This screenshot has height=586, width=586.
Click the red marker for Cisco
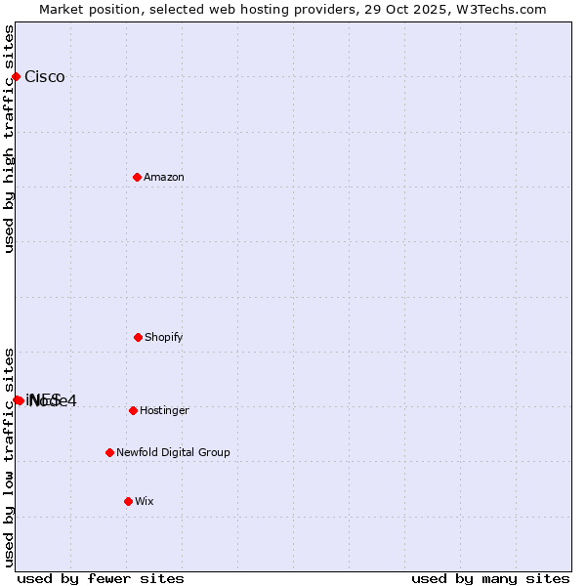[x=16, y=76]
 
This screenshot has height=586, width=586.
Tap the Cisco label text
[x=45, y=77]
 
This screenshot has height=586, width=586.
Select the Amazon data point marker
[x=137, y=177]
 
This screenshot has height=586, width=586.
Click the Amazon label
[x=164, y=178]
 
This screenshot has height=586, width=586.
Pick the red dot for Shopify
[x=138, y=337]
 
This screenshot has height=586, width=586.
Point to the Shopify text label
[x=164, y=338]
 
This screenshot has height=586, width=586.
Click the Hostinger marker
[x=133, y=410]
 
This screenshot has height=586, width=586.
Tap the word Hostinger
[x=164, y=411]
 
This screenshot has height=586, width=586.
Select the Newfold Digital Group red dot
[x=109, y=452]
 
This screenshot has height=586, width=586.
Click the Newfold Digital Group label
[x=173, y=453]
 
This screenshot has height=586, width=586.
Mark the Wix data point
[x=128, y=501]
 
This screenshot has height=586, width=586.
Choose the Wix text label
[x=145, y=502]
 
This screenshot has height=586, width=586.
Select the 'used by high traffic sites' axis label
[x=10, y=139]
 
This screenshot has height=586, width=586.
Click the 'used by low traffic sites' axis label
[x=10, y=457]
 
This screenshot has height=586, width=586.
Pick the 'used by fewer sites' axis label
[x=101, y=578]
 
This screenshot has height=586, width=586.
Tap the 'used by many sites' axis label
[x=490, y=578]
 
